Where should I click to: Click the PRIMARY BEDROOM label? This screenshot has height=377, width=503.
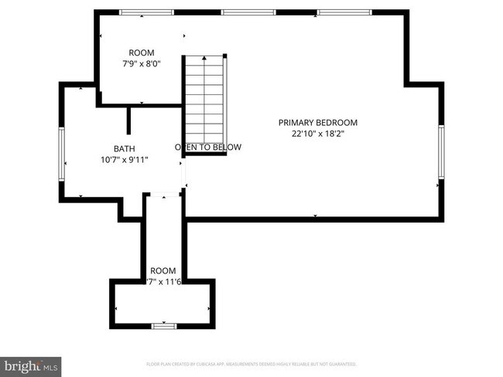[318, 122]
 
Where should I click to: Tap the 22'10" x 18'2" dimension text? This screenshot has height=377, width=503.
[318, 133]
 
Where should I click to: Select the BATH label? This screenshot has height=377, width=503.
[124, 148]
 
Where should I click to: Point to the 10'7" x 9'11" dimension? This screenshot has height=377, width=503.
[124, 160]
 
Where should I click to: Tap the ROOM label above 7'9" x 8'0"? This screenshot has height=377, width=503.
[142, 53]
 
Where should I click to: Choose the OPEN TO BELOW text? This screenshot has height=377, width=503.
[208, 147]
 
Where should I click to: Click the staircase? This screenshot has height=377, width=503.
[205, 104]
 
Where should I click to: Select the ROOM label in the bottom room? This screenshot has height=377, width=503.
[163, 270]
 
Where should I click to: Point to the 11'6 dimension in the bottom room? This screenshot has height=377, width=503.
[172, 281]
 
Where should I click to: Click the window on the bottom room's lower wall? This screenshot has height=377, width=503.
[163, 326]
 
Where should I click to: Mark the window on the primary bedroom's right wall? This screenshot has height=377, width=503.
[440, 152]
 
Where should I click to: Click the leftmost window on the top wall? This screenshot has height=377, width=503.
[146, 12]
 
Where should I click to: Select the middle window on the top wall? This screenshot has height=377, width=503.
[248, 12]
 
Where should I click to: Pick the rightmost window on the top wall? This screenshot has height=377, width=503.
[342, 12]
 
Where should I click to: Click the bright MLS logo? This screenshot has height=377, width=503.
[31, 365]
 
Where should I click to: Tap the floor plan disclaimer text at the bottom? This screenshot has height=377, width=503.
[251, 363]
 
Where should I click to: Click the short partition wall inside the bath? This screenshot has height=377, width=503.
[129, 121]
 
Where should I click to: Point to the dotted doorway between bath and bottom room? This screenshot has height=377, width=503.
[163, 194]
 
